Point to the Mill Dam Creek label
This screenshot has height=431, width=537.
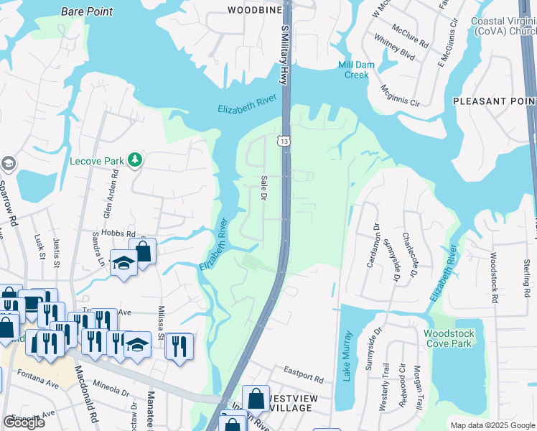click(352, 70)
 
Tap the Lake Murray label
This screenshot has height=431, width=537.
click(347, 356)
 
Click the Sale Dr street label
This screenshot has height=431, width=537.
click(263, 187)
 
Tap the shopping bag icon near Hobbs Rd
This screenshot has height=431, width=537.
click(144, 251)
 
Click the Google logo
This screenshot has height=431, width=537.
click(24, 422)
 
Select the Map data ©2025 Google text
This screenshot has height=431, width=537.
click(492, 425)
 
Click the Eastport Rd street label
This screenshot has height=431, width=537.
click(303, 375)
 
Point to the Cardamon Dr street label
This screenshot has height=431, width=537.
click(374, 244)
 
